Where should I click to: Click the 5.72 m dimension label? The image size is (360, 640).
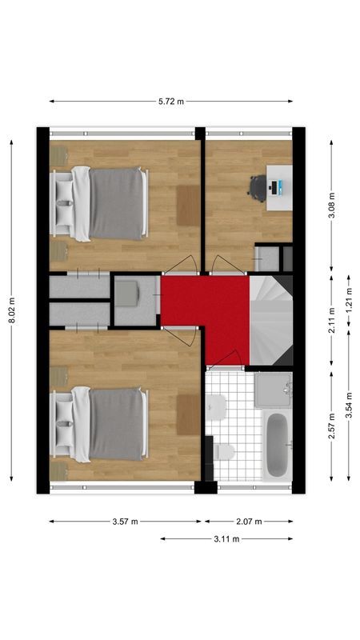(x=170, y=102)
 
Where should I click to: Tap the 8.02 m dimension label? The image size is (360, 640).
(x=12, y=310)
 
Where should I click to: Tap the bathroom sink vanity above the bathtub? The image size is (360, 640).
(x=274, y=390)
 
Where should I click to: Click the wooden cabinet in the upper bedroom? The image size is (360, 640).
(x=187, y=205)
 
